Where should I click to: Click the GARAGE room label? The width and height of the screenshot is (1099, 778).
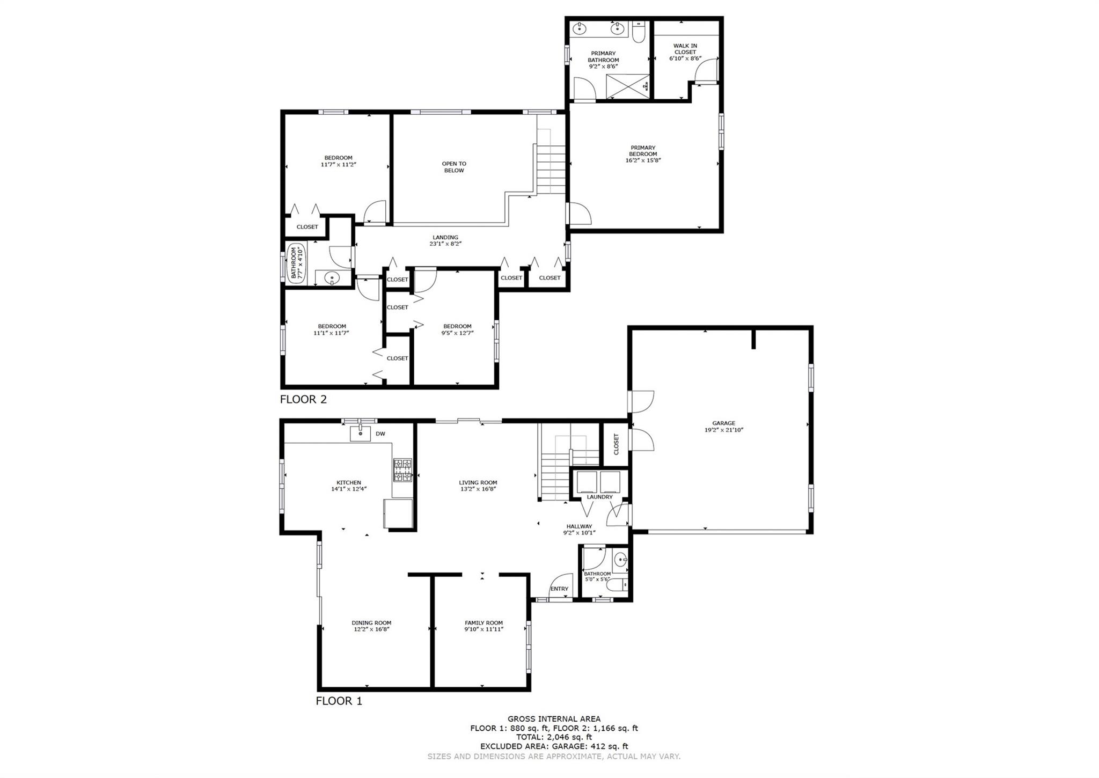click(x=723, y=423)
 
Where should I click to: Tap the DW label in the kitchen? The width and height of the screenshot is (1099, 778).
click(x=380, y=434)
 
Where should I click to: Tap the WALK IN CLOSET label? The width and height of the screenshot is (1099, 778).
click(x=685, y=49)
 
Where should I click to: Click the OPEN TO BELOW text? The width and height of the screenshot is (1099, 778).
click(x=454, y=167)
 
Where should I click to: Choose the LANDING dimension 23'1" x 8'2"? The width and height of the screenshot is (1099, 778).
click(x=445, y=244)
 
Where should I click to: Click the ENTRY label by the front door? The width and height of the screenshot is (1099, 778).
click(x=559, y=589)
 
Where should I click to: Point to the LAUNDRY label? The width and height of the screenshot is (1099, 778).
click(x=599, y=497)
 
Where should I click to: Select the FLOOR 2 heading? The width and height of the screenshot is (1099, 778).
click(x=303, y=399)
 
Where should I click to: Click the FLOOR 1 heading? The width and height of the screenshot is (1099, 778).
click(x=339, y=701)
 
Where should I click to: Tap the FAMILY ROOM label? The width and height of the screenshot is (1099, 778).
click(x=483, y=623)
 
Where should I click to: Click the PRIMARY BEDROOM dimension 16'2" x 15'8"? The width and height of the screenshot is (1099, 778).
click(x=643, y=160)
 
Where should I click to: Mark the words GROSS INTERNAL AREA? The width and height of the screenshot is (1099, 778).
click(x=554, y=719)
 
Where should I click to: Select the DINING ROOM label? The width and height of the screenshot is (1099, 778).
click(x=371, y=623)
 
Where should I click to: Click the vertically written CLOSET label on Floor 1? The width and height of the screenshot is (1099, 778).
click(x=616, y=444)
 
